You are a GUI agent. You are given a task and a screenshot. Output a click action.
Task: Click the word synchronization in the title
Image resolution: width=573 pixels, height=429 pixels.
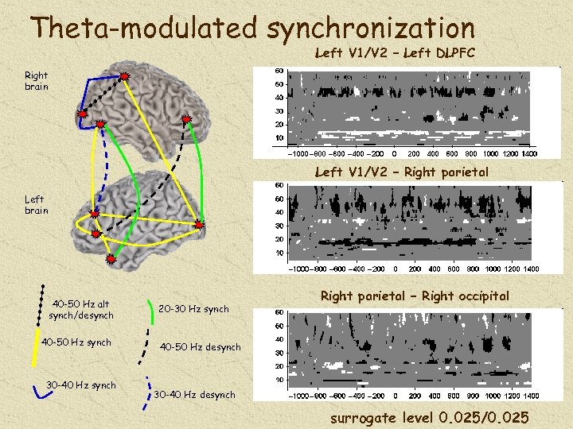click(x=371, y=28)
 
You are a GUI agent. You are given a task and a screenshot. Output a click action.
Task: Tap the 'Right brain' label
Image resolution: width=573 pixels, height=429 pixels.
click(x=37, y=81)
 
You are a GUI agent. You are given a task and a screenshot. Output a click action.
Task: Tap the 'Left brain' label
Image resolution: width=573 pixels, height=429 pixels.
click(x=37, y=205)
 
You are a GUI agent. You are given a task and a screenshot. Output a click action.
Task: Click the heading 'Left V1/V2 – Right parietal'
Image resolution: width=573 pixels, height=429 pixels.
click(x=401, y=172)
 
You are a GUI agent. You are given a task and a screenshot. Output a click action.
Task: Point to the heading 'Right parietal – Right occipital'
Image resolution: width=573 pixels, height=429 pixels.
click(x=414, y=296)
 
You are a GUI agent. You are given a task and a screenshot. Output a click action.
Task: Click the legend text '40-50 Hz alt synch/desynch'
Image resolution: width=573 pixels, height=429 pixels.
click(x=81, y=310)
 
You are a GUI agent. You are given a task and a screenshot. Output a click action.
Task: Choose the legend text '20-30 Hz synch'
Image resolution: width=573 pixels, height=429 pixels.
click(x=193, y=309)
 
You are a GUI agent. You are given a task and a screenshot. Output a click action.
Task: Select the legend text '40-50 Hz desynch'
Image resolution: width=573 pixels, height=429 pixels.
click(x=201, y=346)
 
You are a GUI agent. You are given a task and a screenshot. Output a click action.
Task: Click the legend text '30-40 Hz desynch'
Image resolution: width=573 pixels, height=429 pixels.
click(x=194, y=395)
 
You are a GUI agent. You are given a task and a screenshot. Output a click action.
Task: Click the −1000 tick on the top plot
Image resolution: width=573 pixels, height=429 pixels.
click(x=298, y=153)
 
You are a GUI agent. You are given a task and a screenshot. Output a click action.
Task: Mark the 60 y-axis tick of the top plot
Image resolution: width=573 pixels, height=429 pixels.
click(x=279, y=71)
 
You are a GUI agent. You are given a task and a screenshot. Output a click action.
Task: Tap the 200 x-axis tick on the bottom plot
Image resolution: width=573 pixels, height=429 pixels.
click(x=413, y=396)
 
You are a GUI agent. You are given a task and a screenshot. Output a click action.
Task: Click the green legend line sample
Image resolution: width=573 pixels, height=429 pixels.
click(x=152, y=315)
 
